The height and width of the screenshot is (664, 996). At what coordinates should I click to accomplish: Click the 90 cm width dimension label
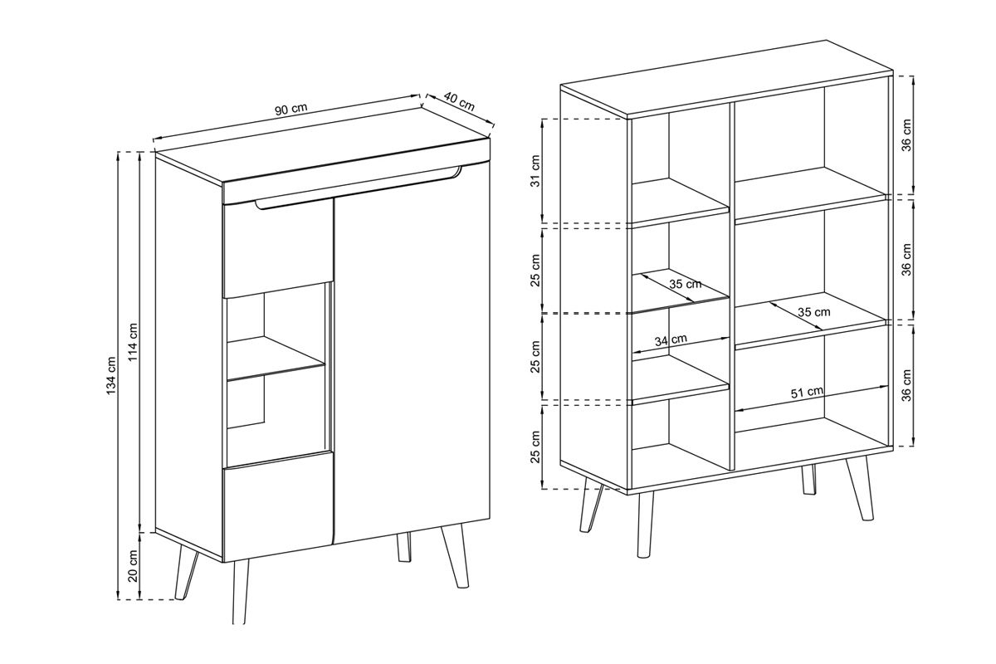(x=290, y=109)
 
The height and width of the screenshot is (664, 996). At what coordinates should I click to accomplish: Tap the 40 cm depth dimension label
(x=460, y=103)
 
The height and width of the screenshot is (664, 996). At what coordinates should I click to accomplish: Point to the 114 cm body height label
(x=134, y=342)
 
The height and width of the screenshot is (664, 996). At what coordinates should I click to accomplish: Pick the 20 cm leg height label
(x=134, y=566)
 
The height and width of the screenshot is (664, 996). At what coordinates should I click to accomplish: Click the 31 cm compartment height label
(x=535, y=171)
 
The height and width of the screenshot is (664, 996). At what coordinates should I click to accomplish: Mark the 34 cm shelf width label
(x=671, y=340)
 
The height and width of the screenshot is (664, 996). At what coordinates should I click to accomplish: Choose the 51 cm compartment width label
(x=807, y=393)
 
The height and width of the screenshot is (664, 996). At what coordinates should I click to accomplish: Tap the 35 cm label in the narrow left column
(x=686, y=284)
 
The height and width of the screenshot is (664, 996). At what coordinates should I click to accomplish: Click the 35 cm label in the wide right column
(x=813, y=312)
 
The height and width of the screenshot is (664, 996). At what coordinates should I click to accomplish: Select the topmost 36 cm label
(x=906, y=135)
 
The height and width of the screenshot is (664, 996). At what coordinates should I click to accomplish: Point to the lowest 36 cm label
(x=906, y=385)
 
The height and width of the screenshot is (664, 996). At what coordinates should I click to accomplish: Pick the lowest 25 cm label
(x=535, y=447)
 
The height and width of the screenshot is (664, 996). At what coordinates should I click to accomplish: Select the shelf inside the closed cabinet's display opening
(x=276, y=359)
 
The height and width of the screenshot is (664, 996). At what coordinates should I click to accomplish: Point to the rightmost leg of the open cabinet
(x=860, y=488)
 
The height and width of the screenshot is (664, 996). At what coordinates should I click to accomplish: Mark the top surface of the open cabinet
(x=726, y=79)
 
